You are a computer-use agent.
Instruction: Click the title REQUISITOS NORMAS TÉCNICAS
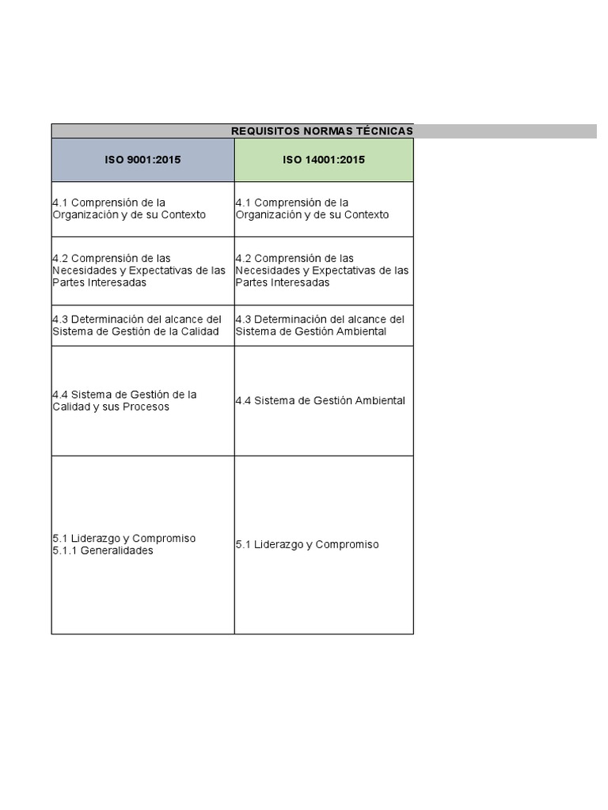point(321,131)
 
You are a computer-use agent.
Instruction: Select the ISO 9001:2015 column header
point(142,160)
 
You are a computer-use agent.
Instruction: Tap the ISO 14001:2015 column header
point(324,160)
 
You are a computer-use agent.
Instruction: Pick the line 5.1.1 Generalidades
point(103,551)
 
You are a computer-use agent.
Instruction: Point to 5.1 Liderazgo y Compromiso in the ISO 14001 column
point(307,545)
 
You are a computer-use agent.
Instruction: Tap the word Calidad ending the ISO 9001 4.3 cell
point(199,331)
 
